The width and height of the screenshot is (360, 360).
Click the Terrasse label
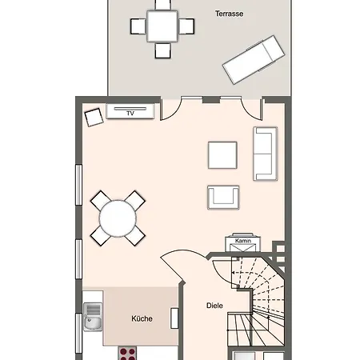pos(229,14)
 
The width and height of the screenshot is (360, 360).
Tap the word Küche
pos(142,318)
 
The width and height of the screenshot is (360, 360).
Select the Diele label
pos(214,306)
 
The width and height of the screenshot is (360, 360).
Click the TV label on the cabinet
pos(130,114)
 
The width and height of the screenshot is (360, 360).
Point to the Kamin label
pos(243,241)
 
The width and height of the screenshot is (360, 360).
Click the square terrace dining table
pos(162,26)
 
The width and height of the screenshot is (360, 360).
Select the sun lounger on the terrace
pos(254,60)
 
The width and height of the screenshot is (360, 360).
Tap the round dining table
pos(118,218)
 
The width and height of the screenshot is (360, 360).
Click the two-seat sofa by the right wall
pos(266,154)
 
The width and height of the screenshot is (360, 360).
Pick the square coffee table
pos(222,155)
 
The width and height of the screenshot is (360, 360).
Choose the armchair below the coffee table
pos(223,198)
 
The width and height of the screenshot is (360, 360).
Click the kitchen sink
pos(93,317)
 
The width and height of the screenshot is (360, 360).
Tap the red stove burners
pos(127,354)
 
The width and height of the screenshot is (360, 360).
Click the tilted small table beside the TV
pos(94,117)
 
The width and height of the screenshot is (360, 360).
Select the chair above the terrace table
pos(162,5)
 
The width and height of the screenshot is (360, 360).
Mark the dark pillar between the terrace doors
pos(211,100)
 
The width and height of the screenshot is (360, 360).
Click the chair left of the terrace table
pos(138,26)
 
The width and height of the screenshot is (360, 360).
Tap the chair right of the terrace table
pos(186,26)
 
